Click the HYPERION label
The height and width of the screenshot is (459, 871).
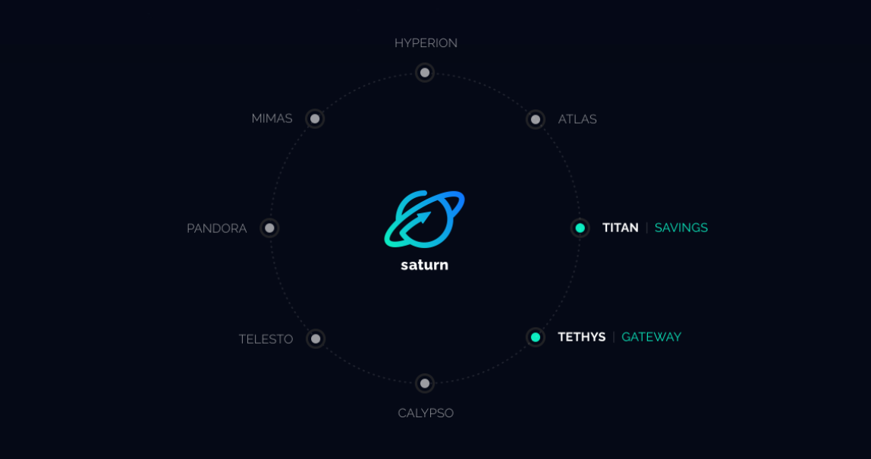click(426, 43)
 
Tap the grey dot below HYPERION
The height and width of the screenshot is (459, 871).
click(425, 73)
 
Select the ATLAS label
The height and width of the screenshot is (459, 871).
click(577, 119)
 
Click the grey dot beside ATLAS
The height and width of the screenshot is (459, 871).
click(536, 119)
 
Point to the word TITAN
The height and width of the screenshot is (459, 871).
click(620, 228)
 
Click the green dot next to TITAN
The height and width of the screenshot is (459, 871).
click(580, 228)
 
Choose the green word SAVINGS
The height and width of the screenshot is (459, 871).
click(681, 228)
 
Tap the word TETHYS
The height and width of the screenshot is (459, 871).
click(581, 337)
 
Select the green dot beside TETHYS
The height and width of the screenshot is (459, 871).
click(536, 337)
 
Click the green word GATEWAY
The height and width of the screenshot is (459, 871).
click(651, 337)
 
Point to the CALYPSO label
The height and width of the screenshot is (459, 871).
click(426, 413)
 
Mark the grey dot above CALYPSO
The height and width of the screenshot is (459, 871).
click(425, 383)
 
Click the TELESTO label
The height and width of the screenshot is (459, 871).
click(266, 339)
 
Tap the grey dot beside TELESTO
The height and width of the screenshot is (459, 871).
click(316, 338)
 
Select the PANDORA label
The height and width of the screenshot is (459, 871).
click(216, 228)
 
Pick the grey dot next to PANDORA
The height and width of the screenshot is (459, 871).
click(269, 228)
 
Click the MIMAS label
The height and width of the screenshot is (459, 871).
click(272, 119)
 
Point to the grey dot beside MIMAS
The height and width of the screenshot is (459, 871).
click(315, 118)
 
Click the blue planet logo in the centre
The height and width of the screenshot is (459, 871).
click(424, 218)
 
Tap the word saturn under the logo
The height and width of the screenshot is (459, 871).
click(424, 265)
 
